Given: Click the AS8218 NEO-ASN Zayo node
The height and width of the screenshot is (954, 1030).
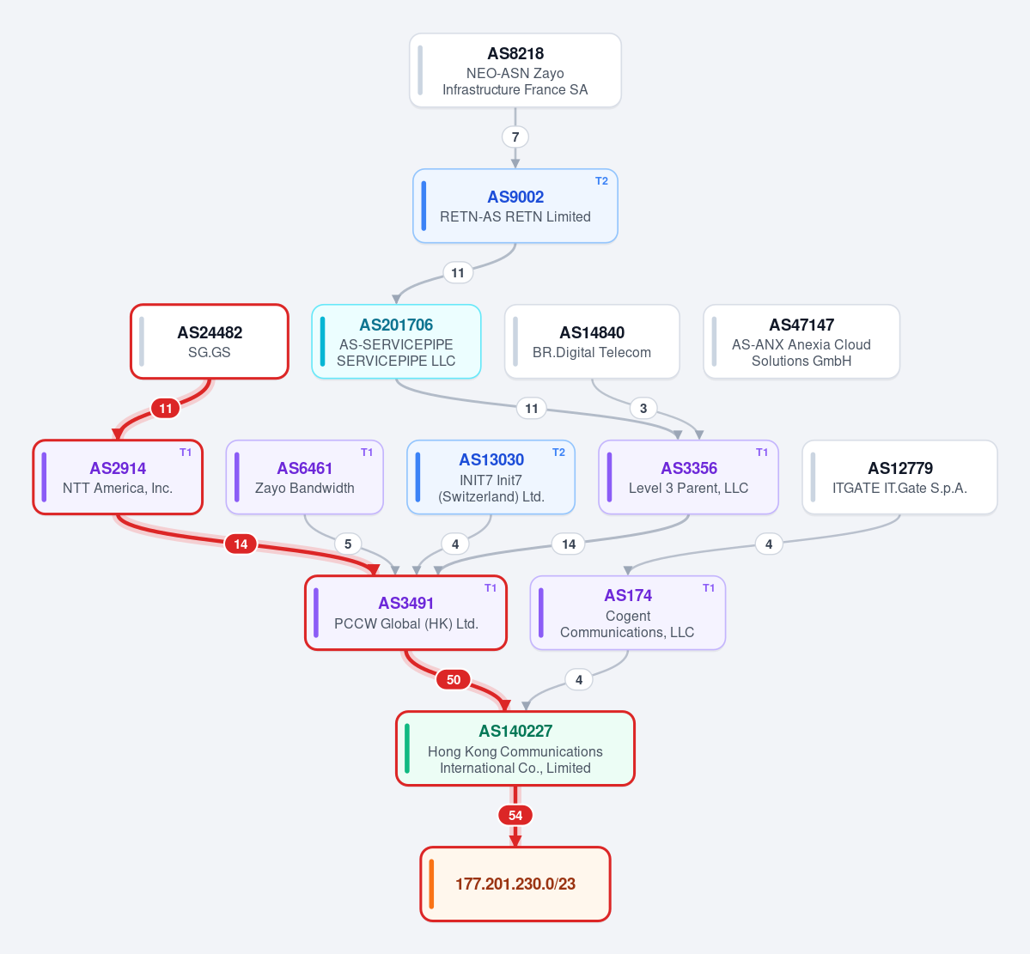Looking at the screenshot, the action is click(515, 70).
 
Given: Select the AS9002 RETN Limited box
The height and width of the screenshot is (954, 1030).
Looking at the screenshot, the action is click(515, 206).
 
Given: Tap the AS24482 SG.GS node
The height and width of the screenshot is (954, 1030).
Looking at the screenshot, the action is click(210, 342).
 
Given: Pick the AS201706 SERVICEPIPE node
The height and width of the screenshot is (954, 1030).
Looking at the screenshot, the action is click(396, 342).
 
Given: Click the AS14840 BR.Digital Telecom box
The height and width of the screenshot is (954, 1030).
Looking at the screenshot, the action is click(592, 342).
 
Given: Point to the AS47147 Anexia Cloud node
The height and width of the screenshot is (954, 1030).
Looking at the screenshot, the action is click(801, 342).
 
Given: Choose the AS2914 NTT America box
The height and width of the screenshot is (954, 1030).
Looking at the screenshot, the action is click(118, 477).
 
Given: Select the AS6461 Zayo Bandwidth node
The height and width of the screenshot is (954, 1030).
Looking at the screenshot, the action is click(305, 477).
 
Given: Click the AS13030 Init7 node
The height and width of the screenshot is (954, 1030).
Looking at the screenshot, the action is click(491, 477).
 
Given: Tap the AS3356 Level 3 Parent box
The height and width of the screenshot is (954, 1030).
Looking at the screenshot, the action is click(688, 477).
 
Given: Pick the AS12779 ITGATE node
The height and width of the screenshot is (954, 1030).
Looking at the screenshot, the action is click(900, 477).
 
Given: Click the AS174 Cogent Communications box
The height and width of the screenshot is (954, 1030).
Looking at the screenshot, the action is click(628, 613).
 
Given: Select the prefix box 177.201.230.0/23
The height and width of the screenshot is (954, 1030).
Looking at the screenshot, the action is click(515, 884).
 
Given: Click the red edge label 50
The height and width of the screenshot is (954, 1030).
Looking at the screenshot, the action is click(454, 679).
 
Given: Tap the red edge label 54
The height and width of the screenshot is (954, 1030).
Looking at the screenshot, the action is click(515, 816).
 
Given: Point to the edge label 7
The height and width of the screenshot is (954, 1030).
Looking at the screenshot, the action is click(515, 137).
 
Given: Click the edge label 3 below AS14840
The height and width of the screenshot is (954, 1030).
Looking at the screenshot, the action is click(643, 409).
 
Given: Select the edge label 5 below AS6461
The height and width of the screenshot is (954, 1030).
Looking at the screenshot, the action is click(348, 544).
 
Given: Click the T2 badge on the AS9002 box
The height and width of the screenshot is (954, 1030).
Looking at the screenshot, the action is click(601, 181).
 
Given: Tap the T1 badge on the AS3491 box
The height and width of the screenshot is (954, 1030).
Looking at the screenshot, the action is click(491, 588).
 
